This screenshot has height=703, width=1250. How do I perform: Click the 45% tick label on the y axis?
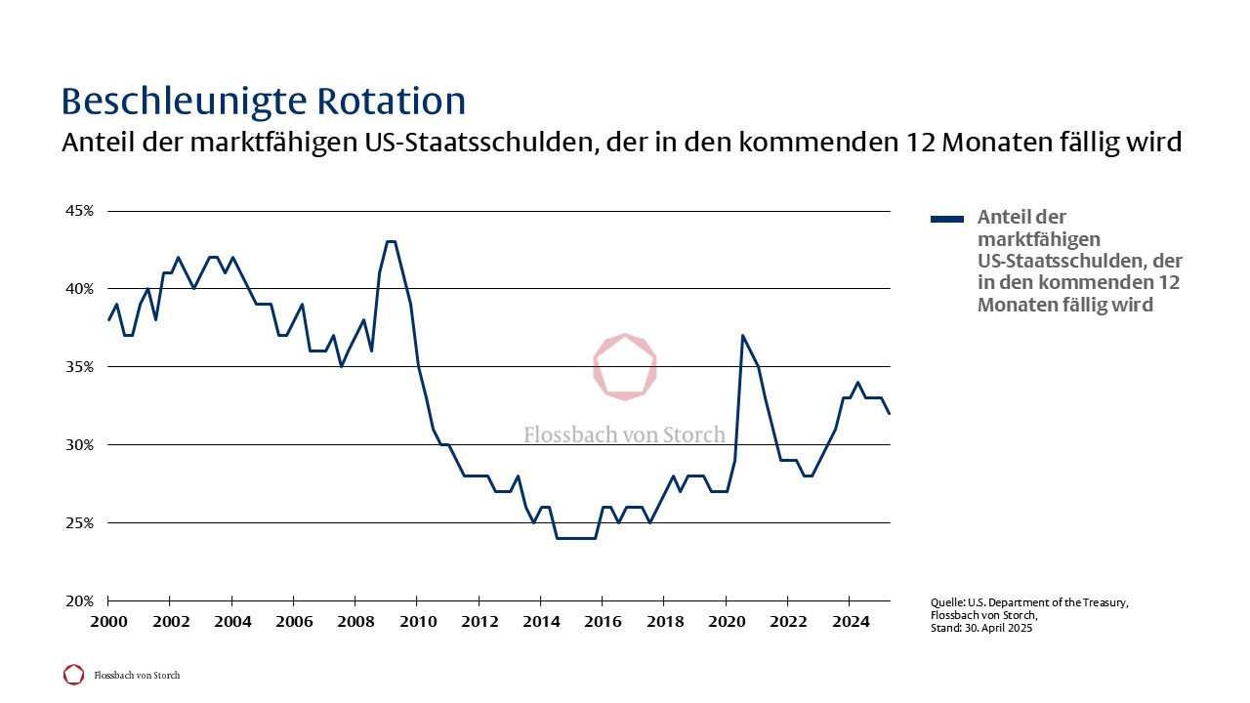80,211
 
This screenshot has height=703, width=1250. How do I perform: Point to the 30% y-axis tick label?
80,445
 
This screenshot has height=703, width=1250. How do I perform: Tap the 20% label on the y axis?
80,601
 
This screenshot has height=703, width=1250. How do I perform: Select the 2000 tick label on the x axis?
107,622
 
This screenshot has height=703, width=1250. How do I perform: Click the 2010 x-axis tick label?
417,622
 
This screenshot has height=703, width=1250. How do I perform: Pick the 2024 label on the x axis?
850,622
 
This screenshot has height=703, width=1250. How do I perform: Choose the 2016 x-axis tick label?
603,622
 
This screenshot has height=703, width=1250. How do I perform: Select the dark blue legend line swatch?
947,219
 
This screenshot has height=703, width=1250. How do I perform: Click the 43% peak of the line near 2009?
391,241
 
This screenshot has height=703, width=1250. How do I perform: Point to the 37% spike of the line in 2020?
743,336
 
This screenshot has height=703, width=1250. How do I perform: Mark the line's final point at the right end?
890,413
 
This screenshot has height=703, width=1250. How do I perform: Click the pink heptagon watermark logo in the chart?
625,366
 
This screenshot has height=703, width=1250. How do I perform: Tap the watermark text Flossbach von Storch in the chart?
625,434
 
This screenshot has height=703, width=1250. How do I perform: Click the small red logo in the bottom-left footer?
73,675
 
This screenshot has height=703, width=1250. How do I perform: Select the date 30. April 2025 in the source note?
992,628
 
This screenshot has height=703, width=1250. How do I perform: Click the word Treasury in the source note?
1100,602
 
